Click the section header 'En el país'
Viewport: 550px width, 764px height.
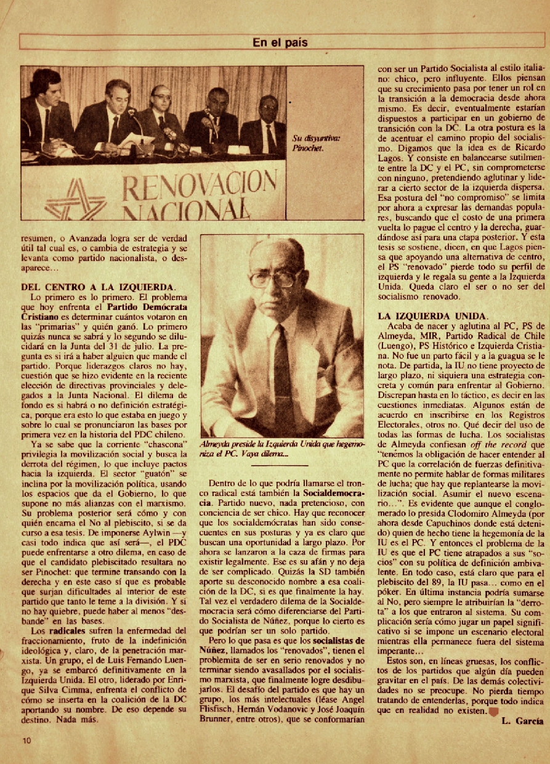coord(280,43)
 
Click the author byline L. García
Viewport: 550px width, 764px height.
coord(522,720)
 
